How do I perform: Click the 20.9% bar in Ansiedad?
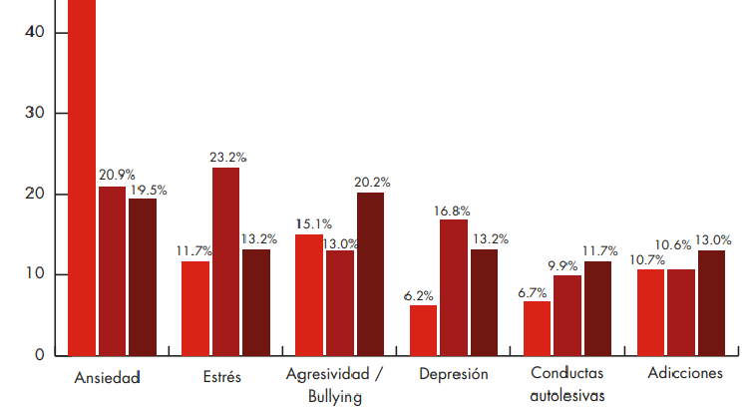point(112,270)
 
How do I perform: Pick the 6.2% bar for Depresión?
point(423,329)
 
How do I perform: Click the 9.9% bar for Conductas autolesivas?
point(567,314)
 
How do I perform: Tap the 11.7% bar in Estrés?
point(194,307)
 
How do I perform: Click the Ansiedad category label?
point(108,378)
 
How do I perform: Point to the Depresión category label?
point(454,375)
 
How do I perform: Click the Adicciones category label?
point(684,374)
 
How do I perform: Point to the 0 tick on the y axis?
point(39,355)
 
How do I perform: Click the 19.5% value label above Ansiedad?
point(148,190)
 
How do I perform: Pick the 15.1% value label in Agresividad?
point(313,224)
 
